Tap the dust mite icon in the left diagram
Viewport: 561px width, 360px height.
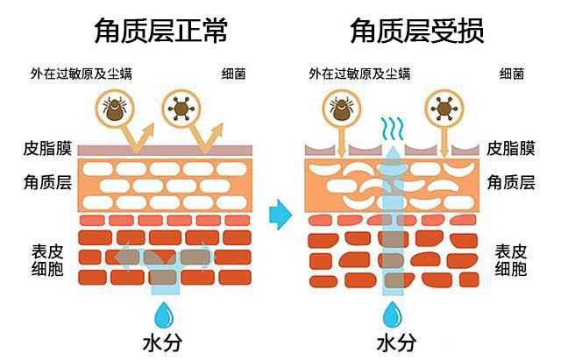point(113,109)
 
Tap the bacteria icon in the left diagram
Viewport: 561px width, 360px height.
point(181,109)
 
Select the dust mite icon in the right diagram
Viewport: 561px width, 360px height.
point(342,109)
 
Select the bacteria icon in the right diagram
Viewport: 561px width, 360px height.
point(444,109)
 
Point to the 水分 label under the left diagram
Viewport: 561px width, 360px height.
point(164,342)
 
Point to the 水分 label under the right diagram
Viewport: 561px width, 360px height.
point(395,342)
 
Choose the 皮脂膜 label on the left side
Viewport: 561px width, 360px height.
point(47,149)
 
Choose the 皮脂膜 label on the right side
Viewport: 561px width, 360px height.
point(510,149)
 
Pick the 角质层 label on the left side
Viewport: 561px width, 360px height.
point(47,183)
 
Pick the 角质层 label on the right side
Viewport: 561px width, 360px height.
point(510,183)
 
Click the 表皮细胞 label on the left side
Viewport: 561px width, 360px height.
point(47,261)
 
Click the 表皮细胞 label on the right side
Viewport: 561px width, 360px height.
point(510,261)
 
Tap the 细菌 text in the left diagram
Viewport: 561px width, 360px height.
point(235,74)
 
